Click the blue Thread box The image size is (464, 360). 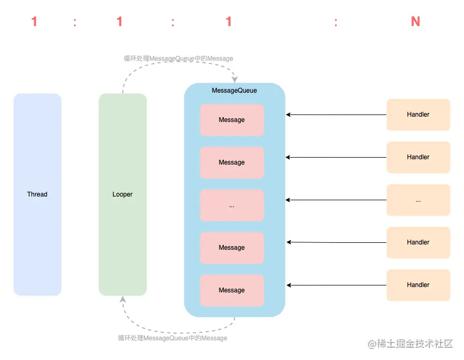point(37,194)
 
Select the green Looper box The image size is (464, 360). point(123,194)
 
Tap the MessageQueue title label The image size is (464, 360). point(234,91)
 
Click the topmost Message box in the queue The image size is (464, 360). point(232,120)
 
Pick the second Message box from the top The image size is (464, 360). point(232,162)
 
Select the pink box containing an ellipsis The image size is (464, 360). point(232,205)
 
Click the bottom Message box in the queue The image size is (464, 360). point(232,290)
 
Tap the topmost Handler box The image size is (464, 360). point(418,114)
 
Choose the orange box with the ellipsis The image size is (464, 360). point(418,200)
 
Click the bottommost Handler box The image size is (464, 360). point(418,285)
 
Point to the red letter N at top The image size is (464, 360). point(416,22)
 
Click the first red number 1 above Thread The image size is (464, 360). point(35,22)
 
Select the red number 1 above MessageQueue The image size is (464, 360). point(229,22)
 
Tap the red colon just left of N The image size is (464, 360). point(336,22)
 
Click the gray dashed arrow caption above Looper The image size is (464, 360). point(178,59)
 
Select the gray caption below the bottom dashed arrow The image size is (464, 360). point(173,338)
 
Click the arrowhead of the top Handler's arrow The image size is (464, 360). point(288,114)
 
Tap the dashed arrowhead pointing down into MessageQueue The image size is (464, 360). point(235,79)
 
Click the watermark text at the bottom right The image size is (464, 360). point(410,343)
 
